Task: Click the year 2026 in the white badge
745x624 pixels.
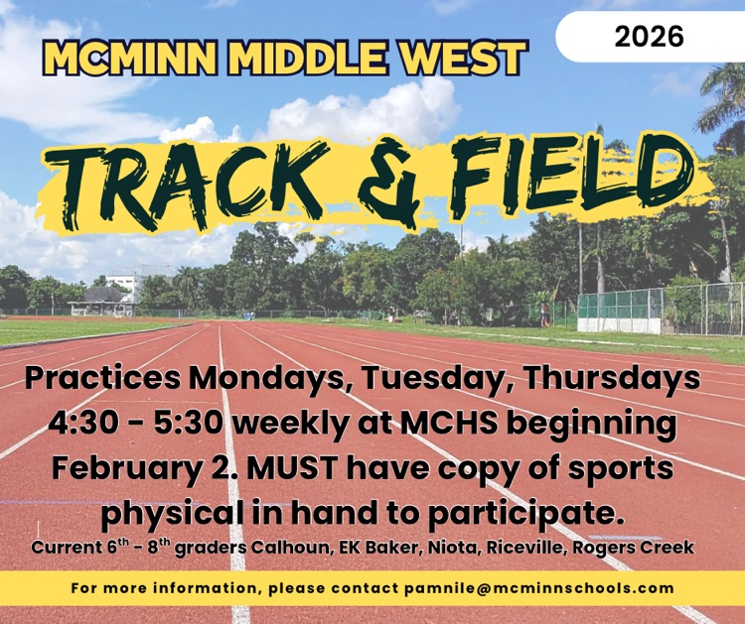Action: point(649,37)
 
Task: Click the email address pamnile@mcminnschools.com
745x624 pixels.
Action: point(538,588)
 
